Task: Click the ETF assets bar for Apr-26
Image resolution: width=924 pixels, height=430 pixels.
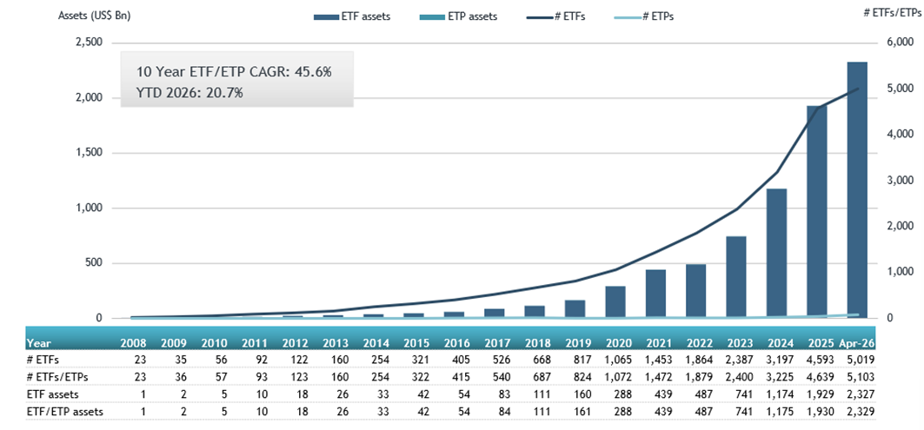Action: click(857, 190)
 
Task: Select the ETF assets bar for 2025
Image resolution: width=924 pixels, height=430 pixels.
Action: click(817, 212)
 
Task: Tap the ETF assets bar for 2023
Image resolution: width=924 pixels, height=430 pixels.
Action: click(736, 277)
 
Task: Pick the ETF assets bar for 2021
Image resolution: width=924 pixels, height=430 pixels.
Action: click(655, 294)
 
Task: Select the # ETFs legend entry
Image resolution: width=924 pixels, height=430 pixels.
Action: click(557, 17)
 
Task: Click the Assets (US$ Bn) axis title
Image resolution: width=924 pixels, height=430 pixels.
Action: click(94, 16)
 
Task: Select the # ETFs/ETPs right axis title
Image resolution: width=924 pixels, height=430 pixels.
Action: click(892, 12)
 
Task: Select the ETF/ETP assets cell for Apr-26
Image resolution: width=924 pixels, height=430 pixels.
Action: click(858, 412)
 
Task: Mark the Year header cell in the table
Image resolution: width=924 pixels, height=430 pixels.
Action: click(38, 343)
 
